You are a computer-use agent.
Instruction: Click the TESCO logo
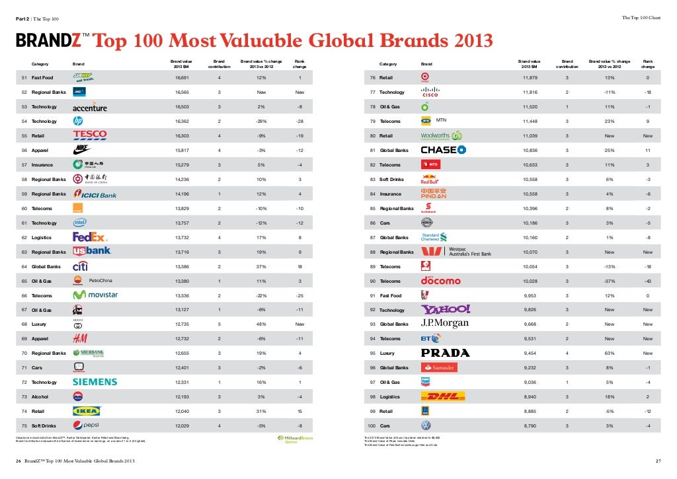(x=89, y=135)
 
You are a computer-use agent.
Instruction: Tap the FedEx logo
(x=89, y=237)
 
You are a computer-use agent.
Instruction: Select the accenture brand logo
(x=89, y=107)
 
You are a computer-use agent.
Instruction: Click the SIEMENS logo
(x=95, y=382)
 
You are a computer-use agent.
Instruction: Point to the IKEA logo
(x=86, y=411)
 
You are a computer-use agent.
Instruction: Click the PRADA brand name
(x=445, y=353)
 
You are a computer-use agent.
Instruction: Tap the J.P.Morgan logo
(x=444, y=324)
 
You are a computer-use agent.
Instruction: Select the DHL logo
(x=443, y=396)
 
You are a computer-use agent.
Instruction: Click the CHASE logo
(x=443, y=150)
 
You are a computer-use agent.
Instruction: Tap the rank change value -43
(x=647, y=281)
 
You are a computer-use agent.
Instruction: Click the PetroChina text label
(x=100, y=280)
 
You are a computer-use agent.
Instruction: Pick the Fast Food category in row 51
(x=42, y=78)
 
